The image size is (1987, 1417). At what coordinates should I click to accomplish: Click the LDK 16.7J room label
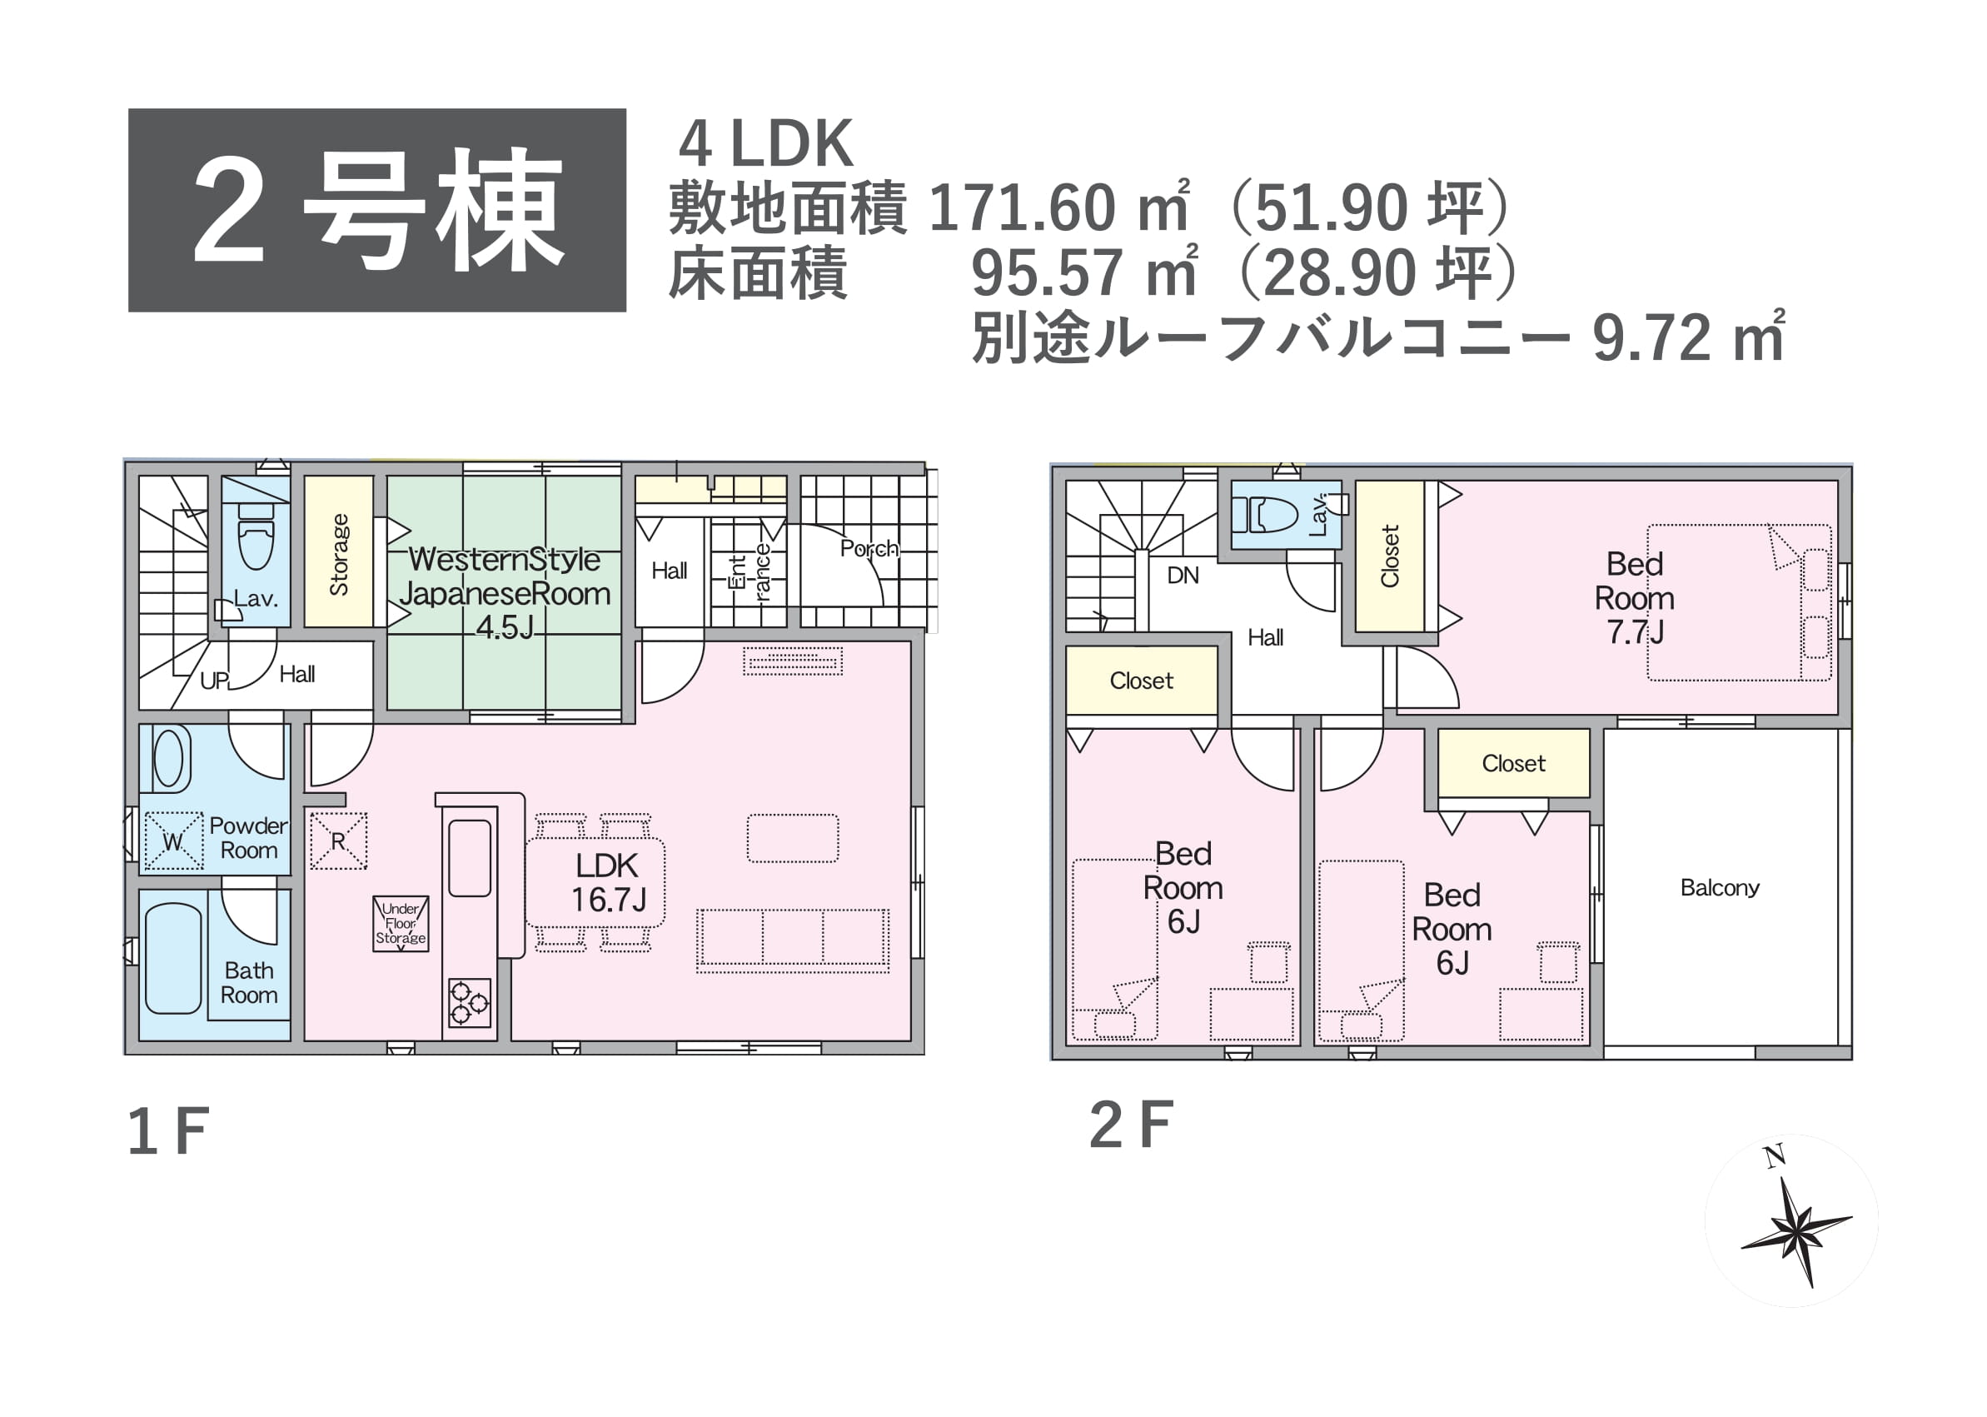pyautogui.click(x=608, y=882)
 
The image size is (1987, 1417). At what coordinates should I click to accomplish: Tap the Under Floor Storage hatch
pyautogui.click(x=401, y=923)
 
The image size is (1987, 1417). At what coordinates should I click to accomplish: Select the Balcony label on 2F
pyautogui.click(x=1719, y=887)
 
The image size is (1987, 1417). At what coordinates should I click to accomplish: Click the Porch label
pyautogui.click(x=869, y=548)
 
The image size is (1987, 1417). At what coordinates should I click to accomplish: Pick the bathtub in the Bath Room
pyautogui.click(x=172, y=958)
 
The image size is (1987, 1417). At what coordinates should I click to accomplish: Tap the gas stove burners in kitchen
pyautogui.click(x=470, y=1002)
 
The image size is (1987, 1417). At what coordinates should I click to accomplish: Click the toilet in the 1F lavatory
pyautogui.click(x=256, y=536)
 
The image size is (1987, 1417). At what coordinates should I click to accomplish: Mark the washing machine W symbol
pyautogui.click(x=172, y=841)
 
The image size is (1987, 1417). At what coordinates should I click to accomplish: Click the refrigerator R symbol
pyautogui.click(x=338, y=841)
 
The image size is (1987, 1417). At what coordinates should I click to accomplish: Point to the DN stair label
pyautogui.click(x=1182, y=575)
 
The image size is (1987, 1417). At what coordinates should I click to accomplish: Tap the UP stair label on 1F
pyautogui.click(x=215, y=681)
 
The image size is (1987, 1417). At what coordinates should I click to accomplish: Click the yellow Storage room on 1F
pyautogui.click(x=338, y=551)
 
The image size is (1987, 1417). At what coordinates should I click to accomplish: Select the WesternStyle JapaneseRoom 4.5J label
pyautogui.click(x=505, y=593)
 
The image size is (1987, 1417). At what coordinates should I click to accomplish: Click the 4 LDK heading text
pyautogui.click(x=766, y=144)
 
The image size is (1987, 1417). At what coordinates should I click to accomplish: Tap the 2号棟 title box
pyautogui.click(x=376, y=210)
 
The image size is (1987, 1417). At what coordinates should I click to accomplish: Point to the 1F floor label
pyautogui.click(x=168, y=1131)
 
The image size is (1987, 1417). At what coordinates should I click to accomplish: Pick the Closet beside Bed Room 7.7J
pyautogui.click(x=1390, y=556)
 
